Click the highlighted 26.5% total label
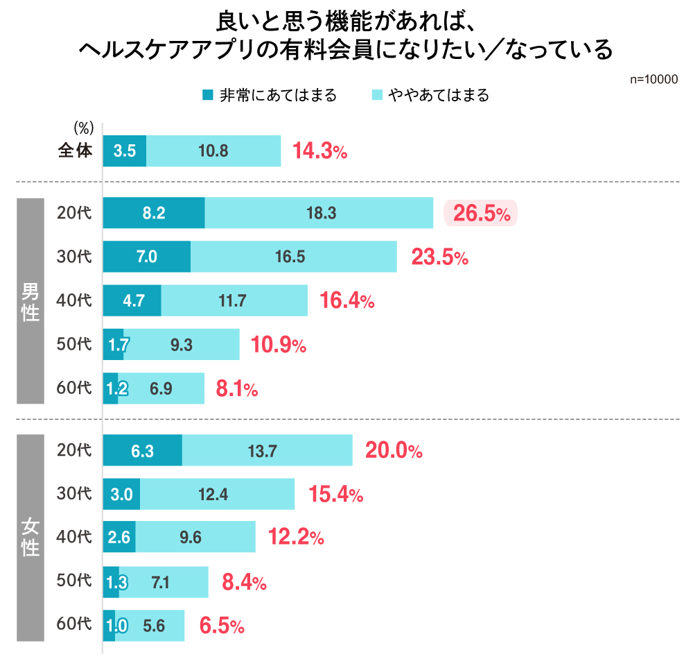(481, 214)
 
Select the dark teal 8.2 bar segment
(154, 213)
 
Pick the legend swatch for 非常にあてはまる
(207, 95)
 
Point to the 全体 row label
(75, 151)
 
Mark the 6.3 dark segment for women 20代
(142, 451)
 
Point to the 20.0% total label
(394, 452)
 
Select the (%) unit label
(83, 128)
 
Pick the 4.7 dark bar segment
(132, 301)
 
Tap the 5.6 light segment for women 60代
(152, 626)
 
